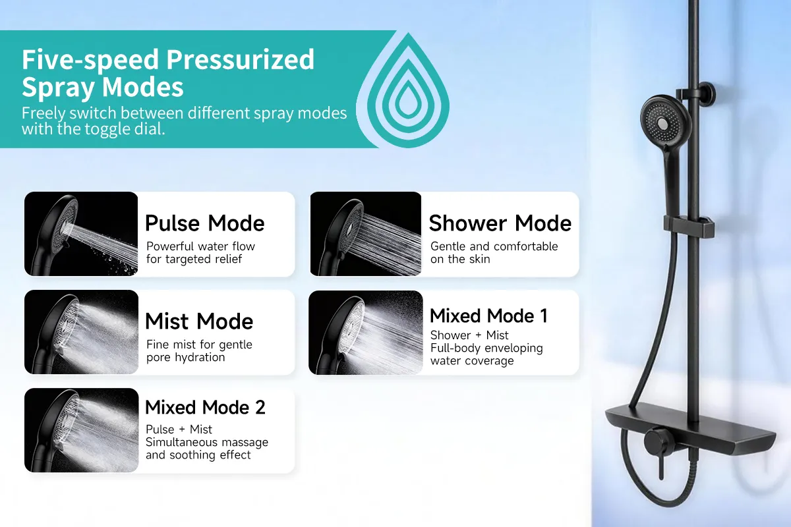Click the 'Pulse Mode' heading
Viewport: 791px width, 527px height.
(204, 223)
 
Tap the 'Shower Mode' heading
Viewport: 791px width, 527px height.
(500, 223)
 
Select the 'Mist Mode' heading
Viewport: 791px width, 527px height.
(199, 321)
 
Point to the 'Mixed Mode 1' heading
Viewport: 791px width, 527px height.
(488, 316)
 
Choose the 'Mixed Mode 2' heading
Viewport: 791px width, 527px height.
(205, 407)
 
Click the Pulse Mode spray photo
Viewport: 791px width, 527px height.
(81, 234)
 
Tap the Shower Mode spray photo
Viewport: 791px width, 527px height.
(366, 234)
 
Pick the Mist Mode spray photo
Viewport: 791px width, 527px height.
(81, 332)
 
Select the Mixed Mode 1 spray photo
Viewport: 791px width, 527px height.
(366, 333)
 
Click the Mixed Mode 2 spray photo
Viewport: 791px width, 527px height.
(81, 430)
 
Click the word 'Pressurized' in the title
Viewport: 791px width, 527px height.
(240, 59)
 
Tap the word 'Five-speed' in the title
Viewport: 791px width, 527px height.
(90, 60)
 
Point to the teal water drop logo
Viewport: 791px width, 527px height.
(408, 90)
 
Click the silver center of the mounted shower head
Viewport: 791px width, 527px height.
(662, 123)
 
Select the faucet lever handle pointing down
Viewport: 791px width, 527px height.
(660, 466)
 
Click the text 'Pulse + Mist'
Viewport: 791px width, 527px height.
(179, 430)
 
